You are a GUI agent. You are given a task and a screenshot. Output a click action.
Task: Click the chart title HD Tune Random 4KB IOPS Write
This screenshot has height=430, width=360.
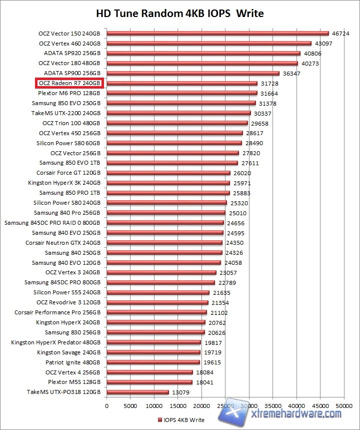pos(179,13)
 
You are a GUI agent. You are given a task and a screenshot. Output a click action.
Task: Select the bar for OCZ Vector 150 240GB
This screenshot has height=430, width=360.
pos(217,34)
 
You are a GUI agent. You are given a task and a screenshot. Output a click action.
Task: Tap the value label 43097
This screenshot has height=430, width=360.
pos(323,44)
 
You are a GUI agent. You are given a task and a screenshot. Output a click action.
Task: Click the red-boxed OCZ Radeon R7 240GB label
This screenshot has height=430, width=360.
pos(69,83)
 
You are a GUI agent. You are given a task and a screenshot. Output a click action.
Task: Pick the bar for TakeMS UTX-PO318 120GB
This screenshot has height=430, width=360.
pos(137,392)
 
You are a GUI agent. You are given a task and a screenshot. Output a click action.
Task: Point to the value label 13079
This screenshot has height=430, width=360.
pos(180,392)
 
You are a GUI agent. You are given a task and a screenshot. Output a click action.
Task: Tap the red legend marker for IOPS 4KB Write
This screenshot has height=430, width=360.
pos(159,419)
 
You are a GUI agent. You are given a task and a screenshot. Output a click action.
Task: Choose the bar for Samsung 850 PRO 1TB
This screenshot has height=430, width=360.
pos(168,193)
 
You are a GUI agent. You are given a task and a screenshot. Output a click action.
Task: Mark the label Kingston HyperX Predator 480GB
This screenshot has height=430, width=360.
pos(56,342)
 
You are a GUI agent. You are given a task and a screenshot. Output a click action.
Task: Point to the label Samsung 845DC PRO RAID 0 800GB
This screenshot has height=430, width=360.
pos(52,223)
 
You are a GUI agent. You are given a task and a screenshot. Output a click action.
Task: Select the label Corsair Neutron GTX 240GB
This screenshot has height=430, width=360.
pos(63,243)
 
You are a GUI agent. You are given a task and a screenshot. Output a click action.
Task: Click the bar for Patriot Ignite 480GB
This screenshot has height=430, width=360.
pos(153,362)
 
